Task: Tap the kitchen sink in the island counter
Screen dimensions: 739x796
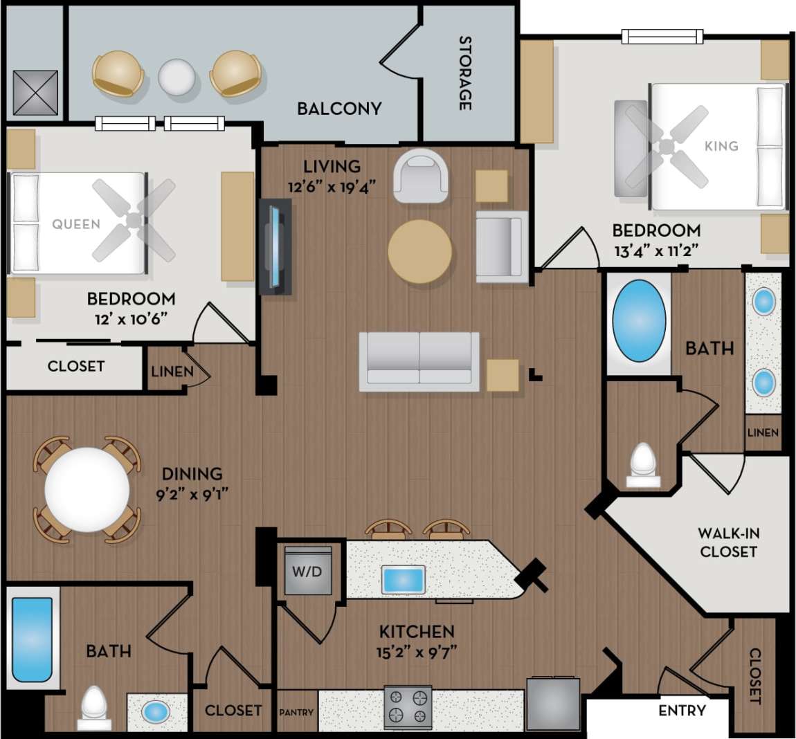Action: click(404, 578)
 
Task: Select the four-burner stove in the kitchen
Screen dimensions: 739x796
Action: click(408, 707)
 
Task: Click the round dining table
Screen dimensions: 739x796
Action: click(87, 489)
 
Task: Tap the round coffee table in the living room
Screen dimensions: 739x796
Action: click(419, 251)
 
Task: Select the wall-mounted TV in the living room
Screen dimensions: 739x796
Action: click(276, 247)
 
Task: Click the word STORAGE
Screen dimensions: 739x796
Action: click(465, 73)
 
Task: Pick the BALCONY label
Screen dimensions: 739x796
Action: click(339, 109)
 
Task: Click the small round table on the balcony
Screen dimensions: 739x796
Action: click(177, 76)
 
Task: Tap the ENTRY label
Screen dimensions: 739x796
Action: click(682, 711)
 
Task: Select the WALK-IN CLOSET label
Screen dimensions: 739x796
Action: click(728, 542)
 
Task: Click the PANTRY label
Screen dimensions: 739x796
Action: click(296, 712)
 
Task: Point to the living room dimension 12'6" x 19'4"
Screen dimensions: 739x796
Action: click(332, 186)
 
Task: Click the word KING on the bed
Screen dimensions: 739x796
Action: click(721, 146)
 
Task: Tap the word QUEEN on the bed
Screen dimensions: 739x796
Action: click(76, 224)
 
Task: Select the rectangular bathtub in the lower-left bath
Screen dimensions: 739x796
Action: click(32, 640)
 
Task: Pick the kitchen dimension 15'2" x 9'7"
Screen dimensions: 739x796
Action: click(417, 652)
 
